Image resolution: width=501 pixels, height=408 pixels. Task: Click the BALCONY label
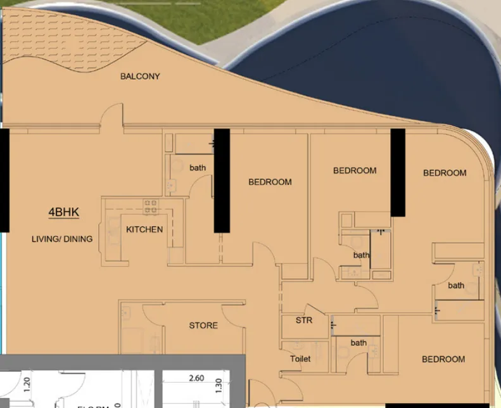tap(140, 77)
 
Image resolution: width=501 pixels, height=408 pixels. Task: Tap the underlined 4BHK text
tap(64, 213)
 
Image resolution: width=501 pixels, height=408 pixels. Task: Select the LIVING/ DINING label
tap(62, 239)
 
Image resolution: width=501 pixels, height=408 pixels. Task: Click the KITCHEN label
tap(144, 229)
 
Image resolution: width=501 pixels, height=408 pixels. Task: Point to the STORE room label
tap(203, 326)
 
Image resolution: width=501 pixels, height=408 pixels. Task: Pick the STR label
tap(304, 321)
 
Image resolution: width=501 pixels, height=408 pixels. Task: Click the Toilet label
tap(300, 359)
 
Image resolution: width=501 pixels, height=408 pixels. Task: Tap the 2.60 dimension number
tap(196, 378)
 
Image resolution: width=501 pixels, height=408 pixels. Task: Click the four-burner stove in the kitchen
tap(151, 207)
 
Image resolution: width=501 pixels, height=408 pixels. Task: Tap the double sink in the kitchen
tap(112, 233)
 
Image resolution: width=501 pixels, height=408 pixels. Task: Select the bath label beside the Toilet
tap(358, 343)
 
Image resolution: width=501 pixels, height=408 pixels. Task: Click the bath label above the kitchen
tap(198, 168)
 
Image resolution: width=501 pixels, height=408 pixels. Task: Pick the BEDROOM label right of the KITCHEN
tap(270, 182)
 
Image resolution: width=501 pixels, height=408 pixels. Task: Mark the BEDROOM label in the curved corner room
tap(445, 173)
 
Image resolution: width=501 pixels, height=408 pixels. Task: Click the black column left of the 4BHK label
tap(4, 180)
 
